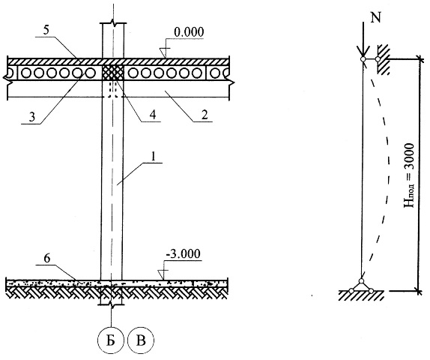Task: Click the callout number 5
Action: (46, 30)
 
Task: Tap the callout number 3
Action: (32, 117)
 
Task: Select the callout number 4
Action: (153, 115)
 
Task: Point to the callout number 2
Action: (204, 115)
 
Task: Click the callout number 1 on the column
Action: (154, 157)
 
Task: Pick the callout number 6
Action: (47, 259)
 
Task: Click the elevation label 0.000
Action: (189, 32)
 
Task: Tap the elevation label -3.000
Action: (183, 253)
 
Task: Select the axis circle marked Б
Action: (112, 340)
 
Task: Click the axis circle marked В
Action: (141, 340)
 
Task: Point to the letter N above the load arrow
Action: (376, 18)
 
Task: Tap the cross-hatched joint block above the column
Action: (112, 73)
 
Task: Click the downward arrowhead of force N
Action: (363, 52)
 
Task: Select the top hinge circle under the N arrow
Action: (363, 58)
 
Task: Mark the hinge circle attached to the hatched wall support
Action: (378, 58)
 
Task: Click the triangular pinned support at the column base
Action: (361, 286)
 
